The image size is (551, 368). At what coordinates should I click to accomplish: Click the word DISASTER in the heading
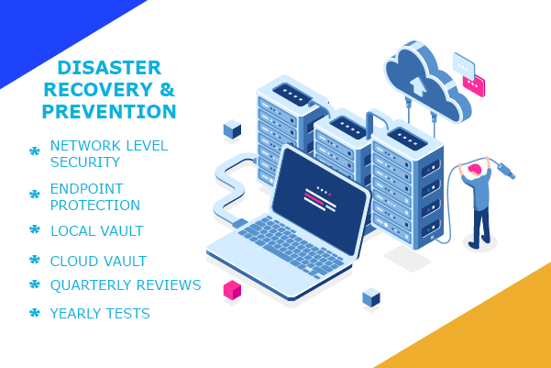click(x=109, y=68)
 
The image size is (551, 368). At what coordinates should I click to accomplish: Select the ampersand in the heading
click(x=167, y=89)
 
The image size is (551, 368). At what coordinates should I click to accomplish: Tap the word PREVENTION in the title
click(x=109, y=112)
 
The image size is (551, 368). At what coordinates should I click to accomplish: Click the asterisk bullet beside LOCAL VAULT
click(x=35, y=229)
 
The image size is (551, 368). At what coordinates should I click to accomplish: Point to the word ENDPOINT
click(x=86, y=189)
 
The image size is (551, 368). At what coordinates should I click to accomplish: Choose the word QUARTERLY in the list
click(x=91, y=285)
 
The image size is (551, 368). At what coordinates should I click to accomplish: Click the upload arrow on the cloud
click(x=418, y=86)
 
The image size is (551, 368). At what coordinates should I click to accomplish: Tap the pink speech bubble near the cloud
click(x=474, y=85)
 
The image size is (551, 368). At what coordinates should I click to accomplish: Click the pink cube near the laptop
click(x=232, y=290)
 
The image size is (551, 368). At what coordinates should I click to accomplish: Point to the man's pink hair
click(x=474, y=169)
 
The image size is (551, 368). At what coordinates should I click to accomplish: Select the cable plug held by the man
click(x=505, y=170)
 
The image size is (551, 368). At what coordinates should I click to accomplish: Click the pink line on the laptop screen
click(x=314, y=198)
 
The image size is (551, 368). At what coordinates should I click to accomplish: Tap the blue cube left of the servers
click(x=232, y=129)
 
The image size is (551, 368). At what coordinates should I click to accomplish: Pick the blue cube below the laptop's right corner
click(x=371, y=297)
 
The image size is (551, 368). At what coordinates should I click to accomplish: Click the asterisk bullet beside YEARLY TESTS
click(x=35, y=312)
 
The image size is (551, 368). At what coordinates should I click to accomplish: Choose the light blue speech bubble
click(x=464, y=65)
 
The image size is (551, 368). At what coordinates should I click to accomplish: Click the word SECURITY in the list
click(x=85, y=162)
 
